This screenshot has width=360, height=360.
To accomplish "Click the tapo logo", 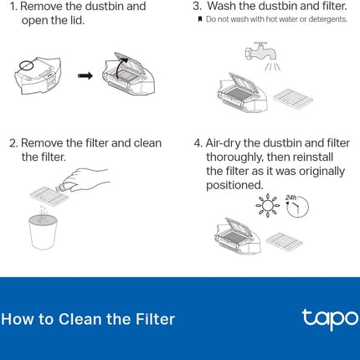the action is click(330, 319).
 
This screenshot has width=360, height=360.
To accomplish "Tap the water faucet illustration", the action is click(260, 51).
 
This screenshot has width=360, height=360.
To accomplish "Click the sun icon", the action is click(268, 206).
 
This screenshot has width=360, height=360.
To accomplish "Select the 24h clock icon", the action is click(297, 206).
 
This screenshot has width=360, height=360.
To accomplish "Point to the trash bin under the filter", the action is click(43, 232).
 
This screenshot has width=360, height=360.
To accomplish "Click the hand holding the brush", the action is click(84, 180).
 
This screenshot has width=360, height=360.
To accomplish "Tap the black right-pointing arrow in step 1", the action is click(85, 75).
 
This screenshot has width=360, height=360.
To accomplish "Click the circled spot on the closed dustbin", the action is click(27, 65).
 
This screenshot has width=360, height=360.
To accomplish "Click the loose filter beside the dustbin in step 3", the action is click(293, 99).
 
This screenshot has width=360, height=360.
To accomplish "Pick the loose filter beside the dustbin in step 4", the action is click(285, 240).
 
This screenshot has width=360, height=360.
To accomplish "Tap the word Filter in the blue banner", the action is click(155, 319).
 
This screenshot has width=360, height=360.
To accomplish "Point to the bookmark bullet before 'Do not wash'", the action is click(200, 19).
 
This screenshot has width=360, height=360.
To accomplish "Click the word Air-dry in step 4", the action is click(224, 143).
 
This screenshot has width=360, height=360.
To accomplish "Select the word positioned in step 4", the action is click(234, 185).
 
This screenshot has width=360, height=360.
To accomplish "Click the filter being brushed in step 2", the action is click(49, 193).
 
